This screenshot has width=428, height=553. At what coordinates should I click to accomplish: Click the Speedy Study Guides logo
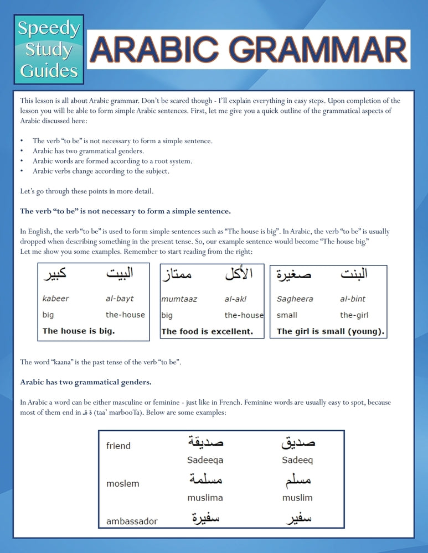(x=49, y=49)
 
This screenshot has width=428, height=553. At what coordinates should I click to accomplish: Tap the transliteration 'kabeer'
(x=56, y=299)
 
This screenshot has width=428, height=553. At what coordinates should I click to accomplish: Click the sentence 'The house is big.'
(x=79, y=331)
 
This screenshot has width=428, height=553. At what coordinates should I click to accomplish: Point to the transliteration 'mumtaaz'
(x=179, y=299)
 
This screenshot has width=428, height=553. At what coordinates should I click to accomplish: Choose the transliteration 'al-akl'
(x=235, y=299)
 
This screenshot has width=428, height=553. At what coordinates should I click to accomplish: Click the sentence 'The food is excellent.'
(x=207, y=332)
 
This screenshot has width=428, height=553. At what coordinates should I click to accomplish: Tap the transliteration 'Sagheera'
(x=295, y=299)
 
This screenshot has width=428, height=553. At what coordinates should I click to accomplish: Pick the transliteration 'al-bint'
(x=353, y=299)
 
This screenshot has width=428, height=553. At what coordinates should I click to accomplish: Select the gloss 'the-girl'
(x=354, y=315)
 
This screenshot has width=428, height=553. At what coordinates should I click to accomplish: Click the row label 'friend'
(x=118, y=446)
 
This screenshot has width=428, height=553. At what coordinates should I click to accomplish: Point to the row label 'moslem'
(x=123, y=484)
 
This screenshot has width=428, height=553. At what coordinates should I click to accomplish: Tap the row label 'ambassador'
(x=132, y=521)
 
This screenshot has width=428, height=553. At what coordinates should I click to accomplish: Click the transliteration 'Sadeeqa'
(x=205, y=460)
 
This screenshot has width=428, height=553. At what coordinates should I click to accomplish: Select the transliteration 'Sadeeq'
(x=297, y=460)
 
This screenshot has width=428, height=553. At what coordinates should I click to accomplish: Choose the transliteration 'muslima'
(x=205, y=498)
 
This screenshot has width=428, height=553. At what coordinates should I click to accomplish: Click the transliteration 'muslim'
(x=297, y=498)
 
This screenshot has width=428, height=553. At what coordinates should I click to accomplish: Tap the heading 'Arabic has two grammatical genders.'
(x=86, y=382)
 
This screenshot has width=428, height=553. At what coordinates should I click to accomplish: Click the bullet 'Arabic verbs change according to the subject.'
(x=101, y=171)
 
